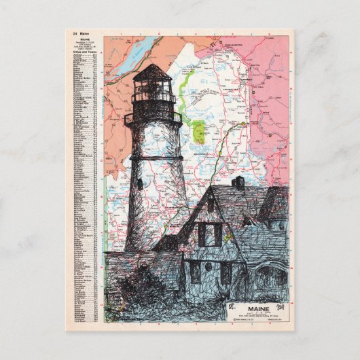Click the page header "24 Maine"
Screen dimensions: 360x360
point(79,33)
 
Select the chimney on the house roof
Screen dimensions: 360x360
point(238,182)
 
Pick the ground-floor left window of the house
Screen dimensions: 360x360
point(196,272)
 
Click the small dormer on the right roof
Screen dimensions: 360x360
point(249,221)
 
